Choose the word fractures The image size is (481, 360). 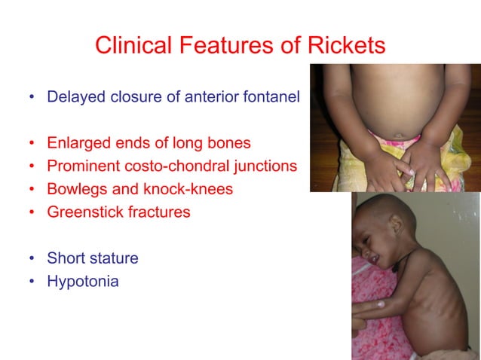click(x=158, y=212)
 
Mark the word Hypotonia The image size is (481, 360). click(x=83, y=282)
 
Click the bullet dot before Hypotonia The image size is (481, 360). click(x=31, y=282)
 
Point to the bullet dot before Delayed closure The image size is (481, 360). click(x=31, y=99)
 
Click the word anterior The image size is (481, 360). click(x=213, y=98)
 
